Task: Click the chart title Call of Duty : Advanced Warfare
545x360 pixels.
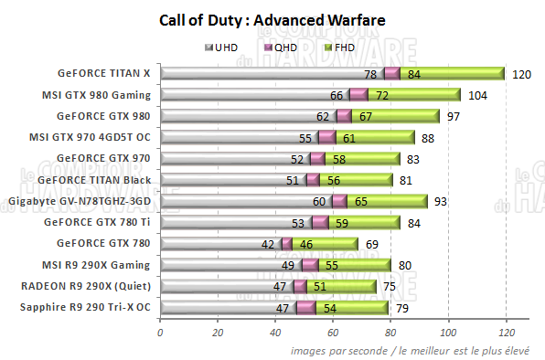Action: point(272,19)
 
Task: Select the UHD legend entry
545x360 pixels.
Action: point(222,47)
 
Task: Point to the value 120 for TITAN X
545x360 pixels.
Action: point(521,74)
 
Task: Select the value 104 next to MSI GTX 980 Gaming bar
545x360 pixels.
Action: point(476,95)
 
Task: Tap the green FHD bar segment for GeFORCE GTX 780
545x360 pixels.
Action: point(325,244)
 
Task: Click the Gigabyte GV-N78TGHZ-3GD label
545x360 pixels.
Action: point(80,200)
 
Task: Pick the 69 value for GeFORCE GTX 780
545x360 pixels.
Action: point(372,244)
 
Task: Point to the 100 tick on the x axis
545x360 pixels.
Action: point(448,333)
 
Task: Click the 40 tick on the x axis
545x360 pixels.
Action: point(275,333)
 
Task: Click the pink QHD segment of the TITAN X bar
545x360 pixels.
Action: point(392,74)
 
